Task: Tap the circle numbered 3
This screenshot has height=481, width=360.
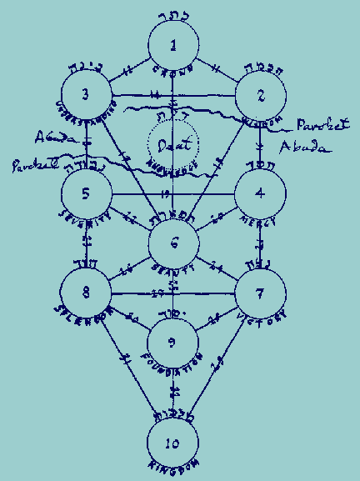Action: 87,94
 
